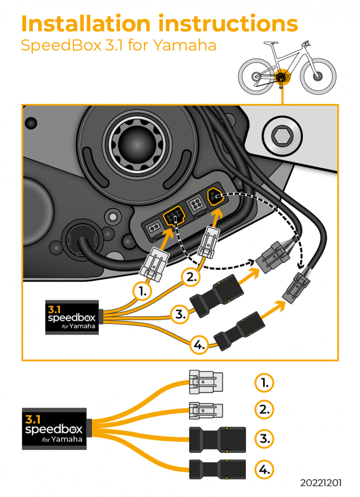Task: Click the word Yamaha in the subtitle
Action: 184,45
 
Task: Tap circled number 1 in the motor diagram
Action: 143,292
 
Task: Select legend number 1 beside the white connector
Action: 264,383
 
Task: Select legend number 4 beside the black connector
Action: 264,469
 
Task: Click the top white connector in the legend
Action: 206,382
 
